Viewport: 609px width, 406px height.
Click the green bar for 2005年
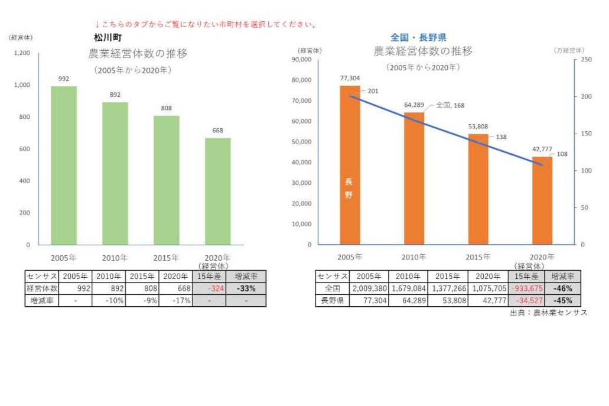pyautogui.click(x=64, y=165)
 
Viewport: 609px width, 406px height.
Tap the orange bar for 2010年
pyautogui.click(x=414, y=178)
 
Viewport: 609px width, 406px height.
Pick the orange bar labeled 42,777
pyautogui.click(x=542, y=200)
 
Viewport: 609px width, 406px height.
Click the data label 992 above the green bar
pyautogui.click(x=64, y=78)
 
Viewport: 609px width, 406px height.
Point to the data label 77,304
pyautogui.click(x=350, y=77)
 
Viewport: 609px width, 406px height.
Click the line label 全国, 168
pyautogui.click(x=451, y=105)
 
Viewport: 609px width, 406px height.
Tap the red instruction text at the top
pyautogui.click(x=206, y=24)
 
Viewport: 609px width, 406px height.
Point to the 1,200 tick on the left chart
pyautogui.click(x=22, y=53)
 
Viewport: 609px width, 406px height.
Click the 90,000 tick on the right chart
pyautogui.click(x=302, y=60)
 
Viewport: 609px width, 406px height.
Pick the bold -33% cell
pyautogui.click(x=246, y=288)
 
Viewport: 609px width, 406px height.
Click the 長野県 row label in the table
pyautogui.click(x=332, y=300)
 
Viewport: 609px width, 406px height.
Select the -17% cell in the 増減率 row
pyautogui.click(x=176, y=300)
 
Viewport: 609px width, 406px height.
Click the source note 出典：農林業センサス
pyautogui.click(x=549, y=312)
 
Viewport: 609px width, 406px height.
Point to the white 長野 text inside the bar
pyautogui.click(x=349, y=189)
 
